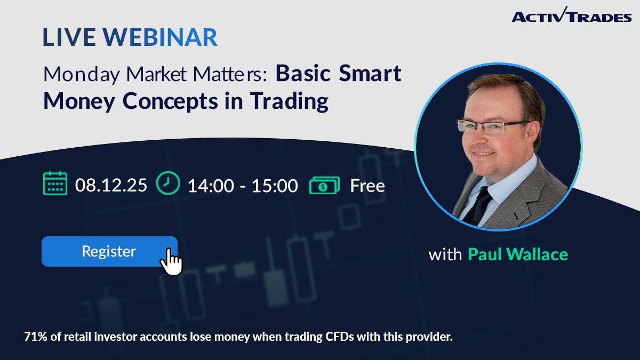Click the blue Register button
(x=109, y=251)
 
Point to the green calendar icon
(x=55, y=183)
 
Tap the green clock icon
(x=168, y=183)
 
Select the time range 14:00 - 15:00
(x=243, y=186)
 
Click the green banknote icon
(x=324, y=185)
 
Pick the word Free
(x=367, y=186)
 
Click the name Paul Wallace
(x=517, y=254)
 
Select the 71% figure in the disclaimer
(x=35, y=337)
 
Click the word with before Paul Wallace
(x=445, y=254)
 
